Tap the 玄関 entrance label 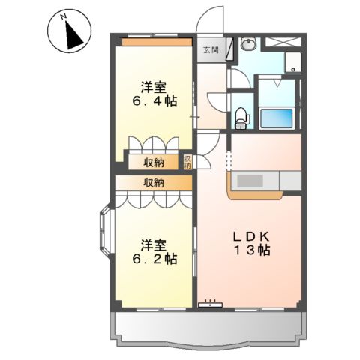(211, 50)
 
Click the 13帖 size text (253, 251)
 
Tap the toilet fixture (241, 115)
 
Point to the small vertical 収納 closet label (187, 161)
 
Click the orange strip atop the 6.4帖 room (156, 43)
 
